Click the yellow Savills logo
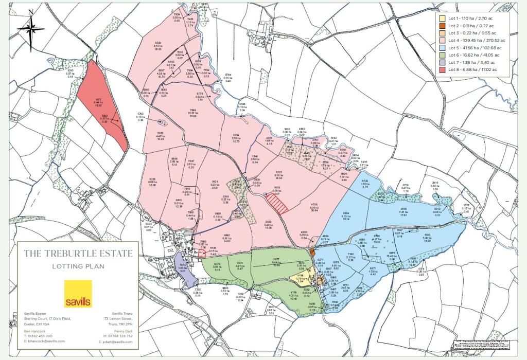(x=78, y=294)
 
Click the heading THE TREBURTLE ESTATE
(x=78, y=254)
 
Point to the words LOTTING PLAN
(x=78, y=266)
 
